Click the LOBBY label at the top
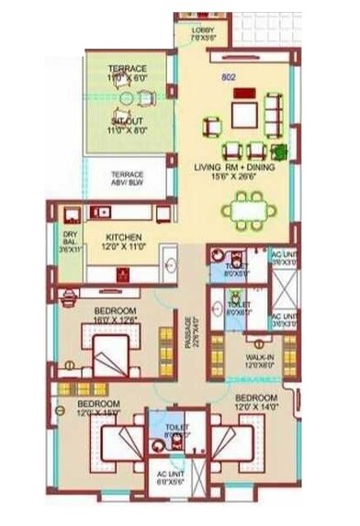[x=202, y=29]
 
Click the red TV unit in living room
[x=244, y=93]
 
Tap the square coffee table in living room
[x=245, y=115]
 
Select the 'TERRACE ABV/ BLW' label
[x=128, y=177]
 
